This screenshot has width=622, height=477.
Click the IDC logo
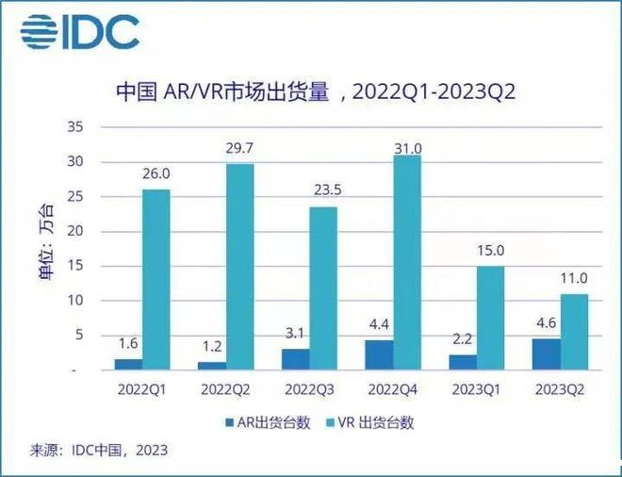[x=80, y=32]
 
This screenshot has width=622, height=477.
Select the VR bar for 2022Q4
[x=407, y=261]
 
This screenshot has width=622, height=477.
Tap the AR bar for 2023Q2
[x=546, y=354]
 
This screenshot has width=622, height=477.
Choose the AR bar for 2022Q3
[x=295, y=358]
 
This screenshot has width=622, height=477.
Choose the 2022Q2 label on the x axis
[x=226, y=388]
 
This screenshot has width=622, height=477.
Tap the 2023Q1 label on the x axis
[x=476, y=388]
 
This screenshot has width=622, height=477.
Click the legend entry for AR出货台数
[x=259, y=422]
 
